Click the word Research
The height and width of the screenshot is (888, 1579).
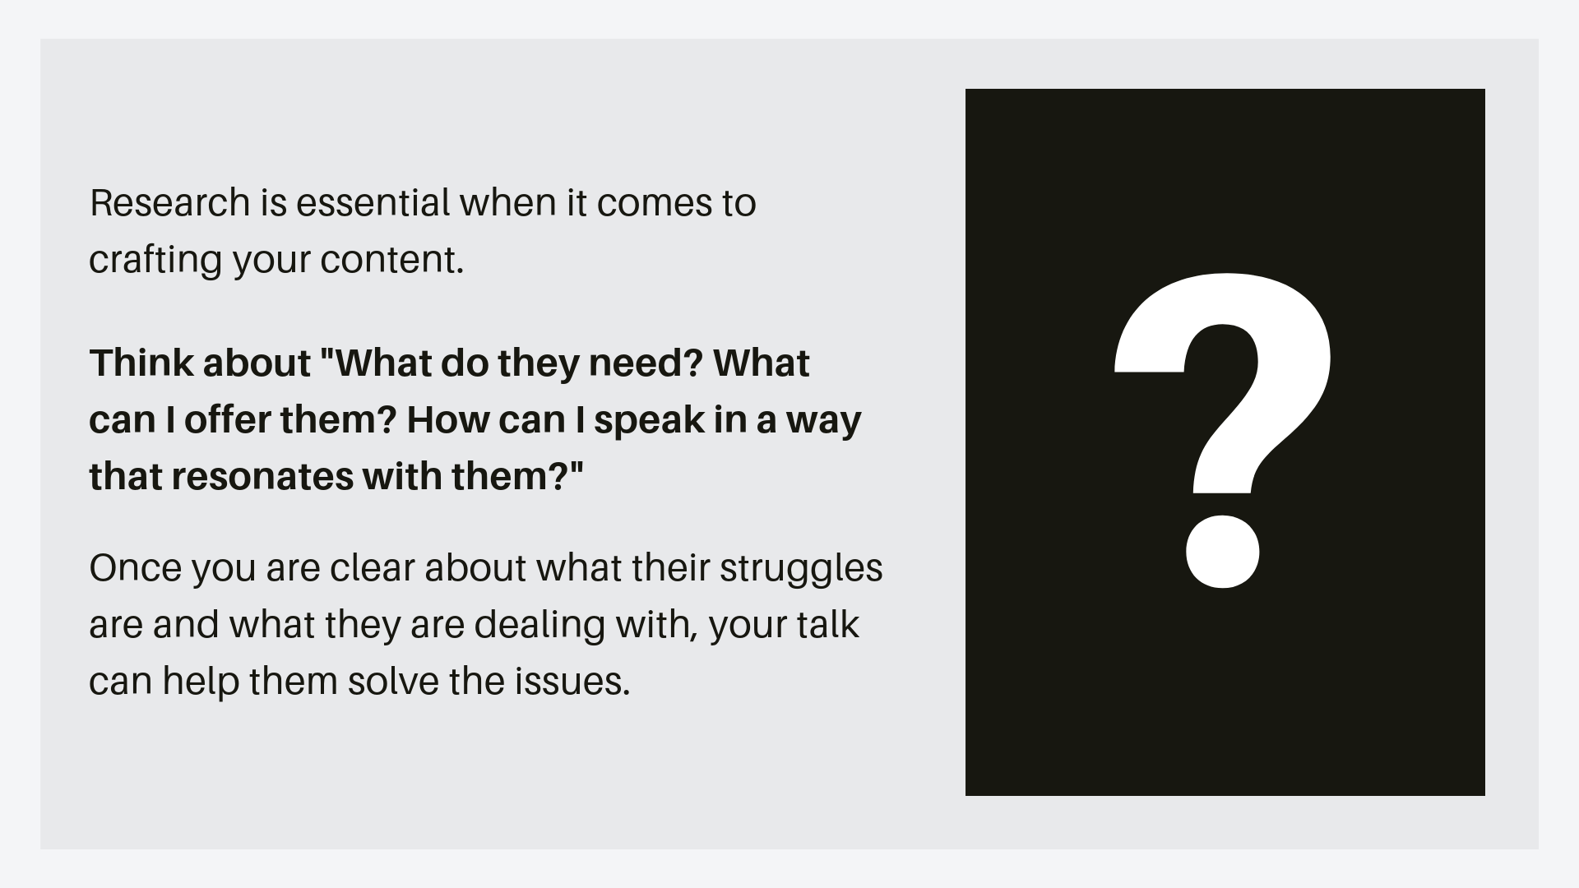coord(169,202)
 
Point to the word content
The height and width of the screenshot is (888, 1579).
coord(391,260)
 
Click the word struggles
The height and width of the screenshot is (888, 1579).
coord(801,569)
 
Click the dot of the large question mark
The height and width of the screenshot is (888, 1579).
coord(1222,552)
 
